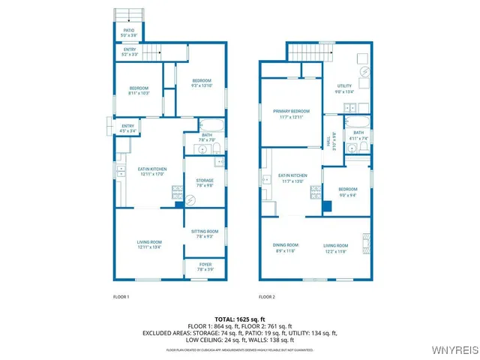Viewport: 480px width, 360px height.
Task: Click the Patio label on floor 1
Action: (x=128, y=31)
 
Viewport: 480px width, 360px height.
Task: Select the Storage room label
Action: (x=205, y=181)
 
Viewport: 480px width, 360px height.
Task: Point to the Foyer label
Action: (x=204, y=264)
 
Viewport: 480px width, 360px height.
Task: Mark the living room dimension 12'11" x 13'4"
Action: (x=149, y=245)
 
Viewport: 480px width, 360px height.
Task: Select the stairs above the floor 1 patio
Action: (x=129, y=14)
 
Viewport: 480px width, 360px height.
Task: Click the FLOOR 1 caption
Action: (x=121, y=297)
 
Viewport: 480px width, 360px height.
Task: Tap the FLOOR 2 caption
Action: (x=267, y=297)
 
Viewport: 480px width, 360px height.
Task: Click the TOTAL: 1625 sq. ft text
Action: (x=240, y=320)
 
